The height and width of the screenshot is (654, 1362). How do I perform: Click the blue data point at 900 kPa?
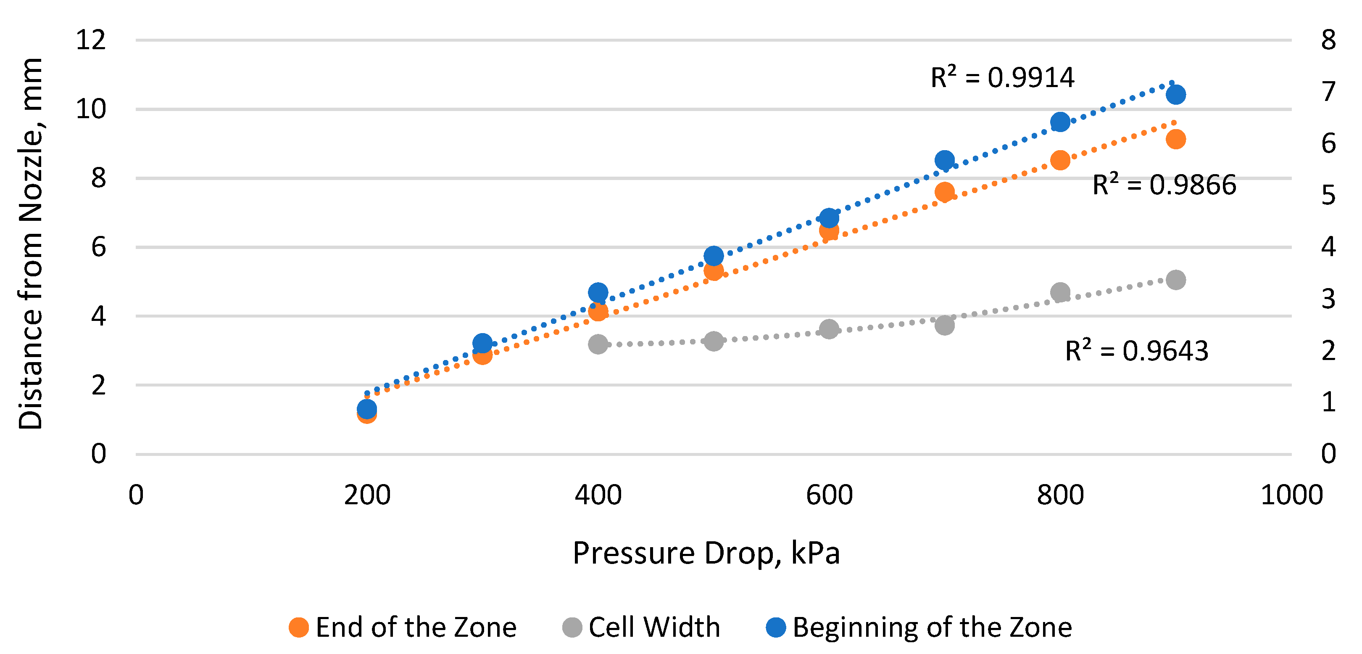coord(1175,95)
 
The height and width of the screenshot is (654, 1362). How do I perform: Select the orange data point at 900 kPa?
coord(1175,139)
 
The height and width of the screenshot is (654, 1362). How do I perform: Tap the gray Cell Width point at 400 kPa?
coord(598,344)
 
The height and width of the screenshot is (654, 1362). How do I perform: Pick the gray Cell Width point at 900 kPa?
coord(1175,280)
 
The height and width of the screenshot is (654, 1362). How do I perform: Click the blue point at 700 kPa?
coord(944,160)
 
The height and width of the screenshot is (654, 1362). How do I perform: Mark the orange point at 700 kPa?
coord(944,192)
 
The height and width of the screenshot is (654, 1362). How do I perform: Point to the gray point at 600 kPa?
coord(829,329)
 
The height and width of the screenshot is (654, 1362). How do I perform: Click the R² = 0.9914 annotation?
coord(1002,77)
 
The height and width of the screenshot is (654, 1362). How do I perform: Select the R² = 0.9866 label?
coord(1164,185)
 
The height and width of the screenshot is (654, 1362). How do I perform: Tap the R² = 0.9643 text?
coord(1137,351)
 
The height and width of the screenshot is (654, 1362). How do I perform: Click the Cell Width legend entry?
coord(641,628)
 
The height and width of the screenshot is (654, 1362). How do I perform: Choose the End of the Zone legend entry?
coord(402,628)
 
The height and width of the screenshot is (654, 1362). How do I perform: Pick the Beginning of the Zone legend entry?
coord(919,628)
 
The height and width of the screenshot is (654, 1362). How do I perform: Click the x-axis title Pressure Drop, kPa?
coord(706,553)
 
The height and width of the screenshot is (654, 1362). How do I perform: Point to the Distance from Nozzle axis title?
coord(30,244)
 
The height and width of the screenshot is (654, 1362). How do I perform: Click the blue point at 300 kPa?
coord(482,344)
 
